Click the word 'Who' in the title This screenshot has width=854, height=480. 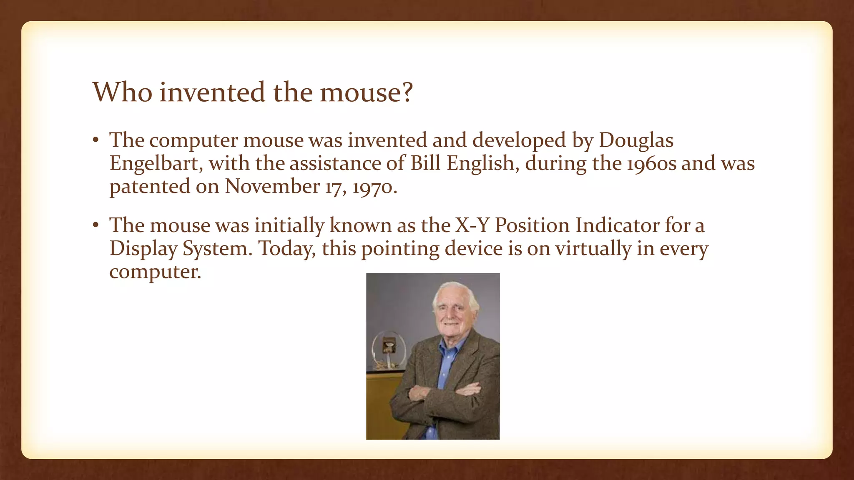tap(122, 92)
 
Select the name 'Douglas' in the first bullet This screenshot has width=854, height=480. tap(636, 140)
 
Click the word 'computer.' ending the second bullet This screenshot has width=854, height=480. tap(155, 272)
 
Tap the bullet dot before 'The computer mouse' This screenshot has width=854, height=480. tap(95, 140)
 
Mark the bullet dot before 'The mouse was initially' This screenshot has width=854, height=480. tap(95, 225)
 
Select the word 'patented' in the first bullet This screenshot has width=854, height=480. tap(150, 187)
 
